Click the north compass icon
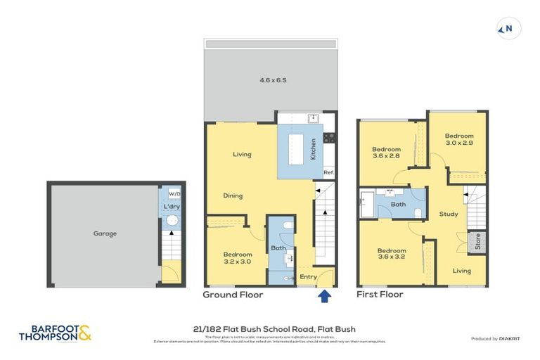click(505, 29)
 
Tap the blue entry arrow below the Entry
click(324, 297)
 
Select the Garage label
click(105, 233)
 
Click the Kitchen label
click(313, 150)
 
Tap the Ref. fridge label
click(328, 173)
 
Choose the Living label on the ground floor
click(243, 154)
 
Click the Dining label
click(234, 195)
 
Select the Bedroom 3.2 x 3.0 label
click(237, 257)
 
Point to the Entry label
click(308, 277)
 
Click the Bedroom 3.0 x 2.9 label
click(458, 139)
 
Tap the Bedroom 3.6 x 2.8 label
click(386, 153)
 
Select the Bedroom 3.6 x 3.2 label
click(391, 254)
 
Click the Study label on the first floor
click(449, 214)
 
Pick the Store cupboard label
click(478, 243)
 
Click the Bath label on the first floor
click(399, 205)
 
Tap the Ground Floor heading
click(233, 295)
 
